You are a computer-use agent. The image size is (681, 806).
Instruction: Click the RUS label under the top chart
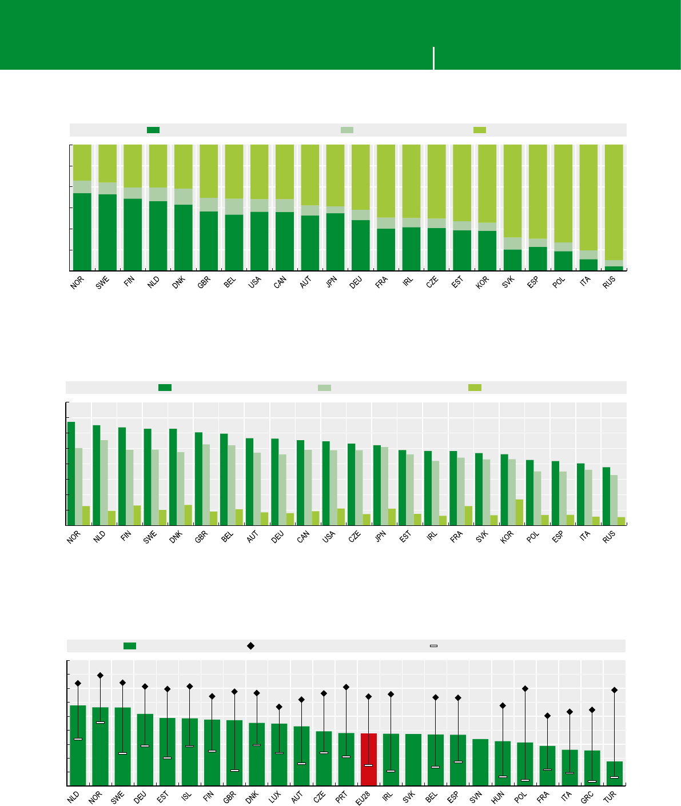click(x=609, y=284)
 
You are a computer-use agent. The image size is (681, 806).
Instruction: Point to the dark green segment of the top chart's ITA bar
click(x=588, y=265)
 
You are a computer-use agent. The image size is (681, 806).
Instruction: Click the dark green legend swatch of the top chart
click(x=153, y=130)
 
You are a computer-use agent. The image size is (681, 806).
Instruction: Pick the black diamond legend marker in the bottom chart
click(x=250, y=646)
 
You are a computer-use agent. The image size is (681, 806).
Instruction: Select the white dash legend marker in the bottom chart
click(x=433, y=646)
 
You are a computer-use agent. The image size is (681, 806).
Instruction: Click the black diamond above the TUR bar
click(x=615, y=691)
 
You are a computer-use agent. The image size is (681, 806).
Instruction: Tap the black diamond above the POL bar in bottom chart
click(x=525, y=689)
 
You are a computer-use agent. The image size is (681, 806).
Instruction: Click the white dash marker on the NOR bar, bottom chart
click(x=100, y=723)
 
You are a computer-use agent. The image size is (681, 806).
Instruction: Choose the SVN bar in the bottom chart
click(x=480, y=762)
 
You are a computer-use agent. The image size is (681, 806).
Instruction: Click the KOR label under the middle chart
click(x=507, y=538)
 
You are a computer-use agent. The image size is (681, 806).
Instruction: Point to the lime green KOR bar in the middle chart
click(x=519, y=512)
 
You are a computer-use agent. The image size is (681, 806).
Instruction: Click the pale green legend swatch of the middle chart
click(x=324, y=388)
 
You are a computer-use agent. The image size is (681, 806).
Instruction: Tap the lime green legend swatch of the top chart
click(x=480, y=130)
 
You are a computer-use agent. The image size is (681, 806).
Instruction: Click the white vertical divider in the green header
click(x=434, y=58)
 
